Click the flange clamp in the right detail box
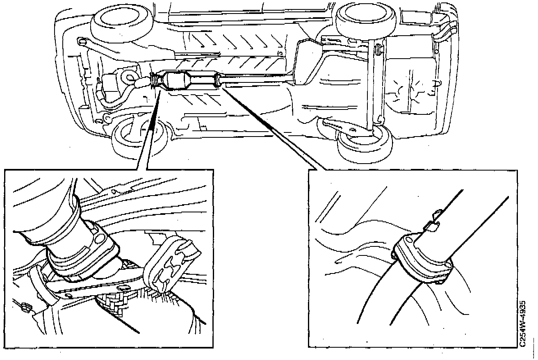coord(422,262)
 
